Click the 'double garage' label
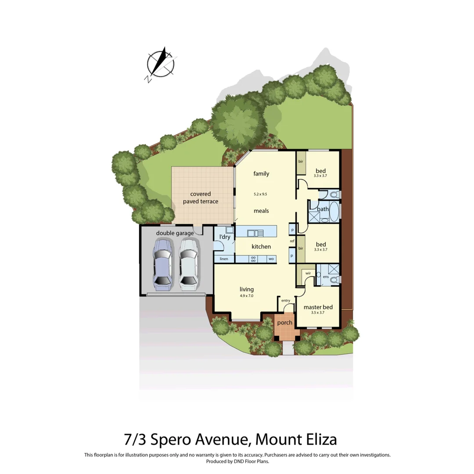175,233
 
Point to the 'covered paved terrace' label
201,197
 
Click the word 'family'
261,174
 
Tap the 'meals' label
261,211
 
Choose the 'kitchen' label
261,247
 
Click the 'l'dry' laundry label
225,237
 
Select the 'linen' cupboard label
224,259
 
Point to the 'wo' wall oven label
271,259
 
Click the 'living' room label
247,289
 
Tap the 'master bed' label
318,307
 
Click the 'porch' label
284,323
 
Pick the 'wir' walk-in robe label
308,273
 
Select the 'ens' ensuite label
326,277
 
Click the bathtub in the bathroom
333,211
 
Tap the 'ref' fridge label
292,241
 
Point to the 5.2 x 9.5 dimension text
261,194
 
